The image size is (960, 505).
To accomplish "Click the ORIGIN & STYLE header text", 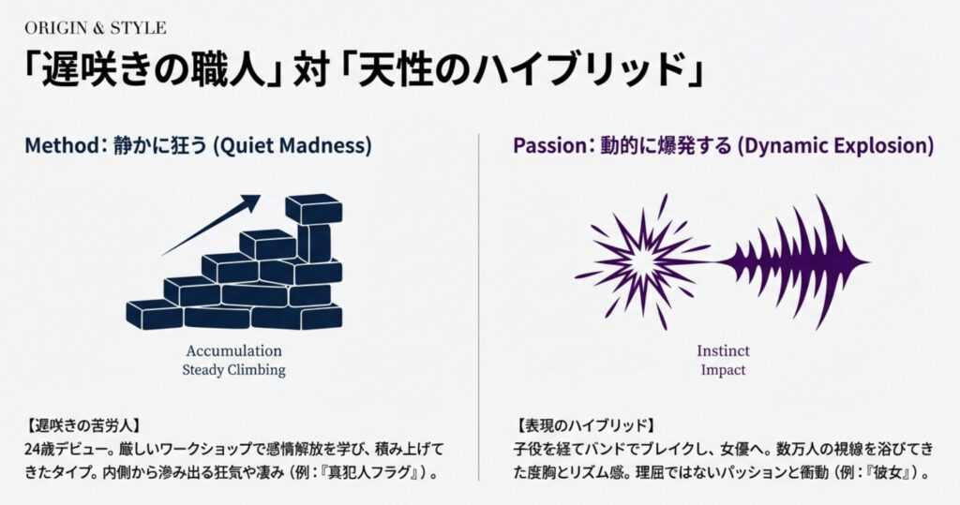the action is (x=96, y=28).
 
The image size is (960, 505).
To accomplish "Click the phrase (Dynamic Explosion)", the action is (x=835, y=146).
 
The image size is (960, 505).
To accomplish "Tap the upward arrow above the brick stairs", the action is (x=211, y=225).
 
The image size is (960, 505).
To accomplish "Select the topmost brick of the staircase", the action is (x=313, y=209).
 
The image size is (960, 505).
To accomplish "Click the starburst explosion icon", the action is (x=643, y=262).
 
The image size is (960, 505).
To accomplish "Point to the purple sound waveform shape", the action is (x=794, y=262).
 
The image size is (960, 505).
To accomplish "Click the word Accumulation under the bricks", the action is (x=233, y=350).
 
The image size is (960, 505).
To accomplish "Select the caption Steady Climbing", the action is (x=233, y=370).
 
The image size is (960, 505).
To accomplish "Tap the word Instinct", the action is (x=723, y=350).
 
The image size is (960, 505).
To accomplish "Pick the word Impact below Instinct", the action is (x=723, y=370).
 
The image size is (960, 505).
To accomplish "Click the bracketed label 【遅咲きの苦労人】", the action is (x=83, y=424).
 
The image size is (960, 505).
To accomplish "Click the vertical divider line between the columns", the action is (x=479, y=307).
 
